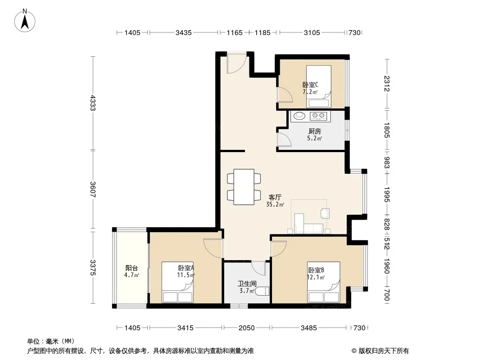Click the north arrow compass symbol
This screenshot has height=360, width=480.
25,21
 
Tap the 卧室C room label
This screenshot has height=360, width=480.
310,85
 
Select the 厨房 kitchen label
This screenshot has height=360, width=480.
314,131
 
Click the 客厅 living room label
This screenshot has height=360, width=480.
275,197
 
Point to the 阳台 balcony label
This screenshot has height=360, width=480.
131,268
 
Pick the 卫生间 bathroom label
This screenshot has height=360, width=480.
247,284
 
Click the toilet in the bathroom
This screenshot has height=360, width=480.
262,291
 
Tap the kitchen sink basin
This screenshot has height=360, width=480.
299,116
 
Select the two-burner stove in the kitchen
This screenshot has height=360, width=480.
318,116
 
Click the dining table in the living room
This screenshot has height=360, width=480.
244,187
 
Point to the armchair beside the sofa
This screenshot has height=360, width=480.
325,213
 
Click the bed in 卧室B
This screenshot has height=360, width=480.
324,282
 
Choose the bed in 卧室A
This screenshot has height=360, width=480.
177,282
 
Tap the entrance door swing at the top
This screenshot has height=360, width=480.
236,63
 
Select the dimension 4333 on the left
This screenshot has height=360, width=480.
93,103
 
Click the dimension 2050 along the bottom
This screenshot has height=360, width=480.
246,328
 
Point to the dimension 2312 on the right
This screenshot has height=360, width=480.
387,84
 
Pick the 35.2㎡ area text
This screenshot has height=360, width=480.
275,205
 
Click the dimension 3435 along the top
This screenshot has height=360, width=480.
183,32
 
